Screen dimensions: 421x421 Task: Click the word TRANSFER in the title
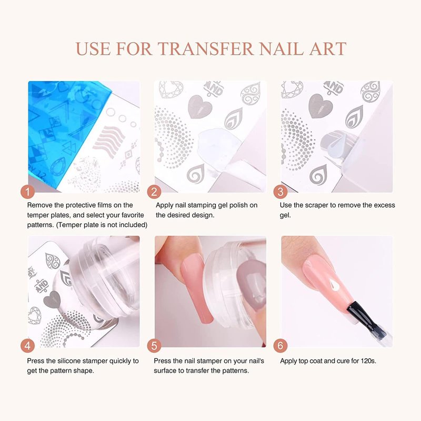(x=205, y=48)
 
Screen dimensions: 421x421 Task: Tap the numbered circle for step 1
(x=28, y=192)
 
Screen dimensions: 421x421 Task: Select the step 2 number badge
(x=154, y=192)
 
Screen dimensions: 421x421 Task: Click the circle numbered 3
(x=280, y=192)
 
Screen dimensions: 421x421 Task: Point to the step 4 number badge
(x=28, y=346)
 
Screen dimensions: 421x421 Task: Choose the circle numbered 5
(x=154, y=346)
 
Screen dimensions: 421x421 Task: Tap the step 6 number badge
(x=280, y=346)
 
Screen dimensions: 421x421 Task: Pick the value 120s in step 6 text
(x=368, y=361)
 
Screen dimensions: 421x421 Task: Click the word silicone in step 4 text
(x=70, y=361)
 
